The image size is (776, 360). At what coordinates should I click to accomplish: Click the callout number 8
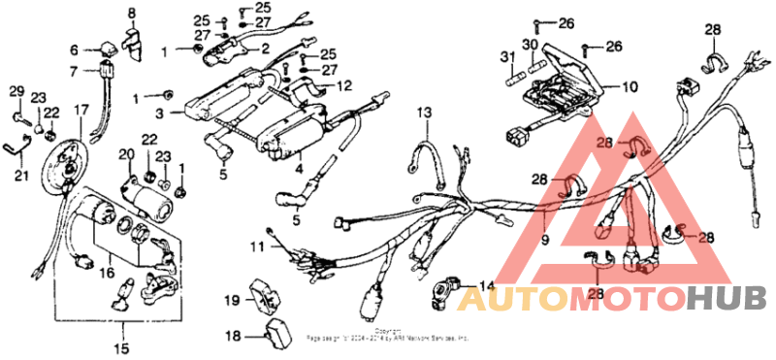[132, 13]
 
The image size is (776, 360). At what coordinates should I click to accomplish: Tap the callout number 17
[79, 109]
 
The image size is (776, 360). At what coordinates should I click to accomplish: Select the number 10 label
[630, 86]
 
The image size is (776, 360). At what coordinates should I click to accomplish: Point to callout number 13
[424, 115]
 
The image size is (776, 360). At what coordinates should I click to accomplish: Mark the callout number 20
[126, 155]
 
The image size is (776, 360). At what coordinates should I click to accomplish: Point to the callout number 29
[16, 91]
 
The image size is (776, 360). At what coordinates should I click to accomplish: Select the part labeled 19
[264, 294]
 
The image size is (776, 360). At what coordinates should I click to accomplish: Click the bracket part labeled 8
[133, 43]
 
